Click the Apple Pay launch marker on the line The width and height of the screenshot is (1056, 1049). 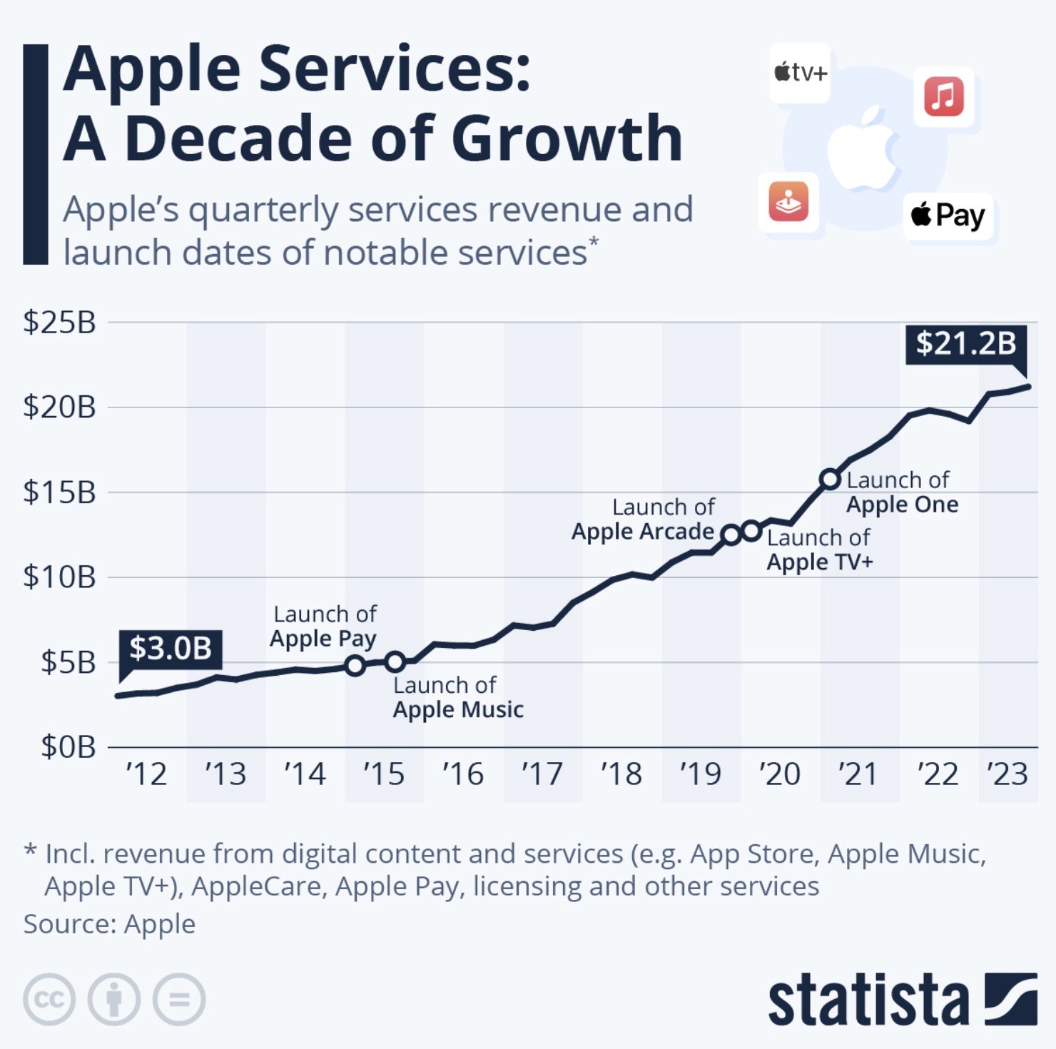[355, 666]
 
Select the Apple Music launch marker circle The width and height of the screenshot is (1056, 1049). [395, 662]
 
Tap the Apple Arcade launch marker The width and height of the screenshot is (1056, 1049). [731, 534]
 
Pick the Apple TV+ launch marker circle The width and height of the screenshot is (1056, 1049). [751, 531]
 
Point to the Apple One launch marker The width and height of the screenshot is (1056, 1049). [830, 479]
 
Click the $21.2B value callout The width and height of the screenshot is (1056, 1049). [965, 344]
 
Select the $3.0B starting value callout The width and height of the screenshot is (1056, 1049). [171, 649]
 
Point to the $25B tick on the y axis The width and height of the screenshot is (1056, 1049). [60, 323]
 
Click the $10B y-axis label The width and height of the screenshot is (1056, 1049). [60, 577]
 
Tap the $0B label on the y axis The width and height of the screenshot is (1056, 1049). [68, 747]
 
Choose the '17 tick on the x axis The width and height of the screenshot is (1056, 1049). [542, 774]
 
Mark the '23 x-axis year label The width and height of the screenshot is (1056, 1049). [1007, 774]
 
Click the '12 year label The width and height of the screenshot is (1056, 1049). [146, 774]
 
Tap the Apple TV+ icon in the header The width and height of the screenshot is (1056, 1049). [800, 73]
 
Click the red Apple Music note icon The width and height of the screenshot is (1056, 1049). [944, 96]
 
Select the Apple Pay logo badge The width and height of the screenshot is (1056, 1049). [948, 216]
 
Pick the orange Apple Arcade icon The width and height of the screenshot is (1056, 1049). [788, 202]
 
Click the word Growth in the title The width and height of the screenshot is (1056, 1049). [567, 138]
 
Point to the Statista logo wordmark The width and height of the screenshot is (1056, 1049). [868, 999]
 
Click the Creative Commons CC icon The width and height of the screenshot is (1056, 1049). [49, 999]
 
